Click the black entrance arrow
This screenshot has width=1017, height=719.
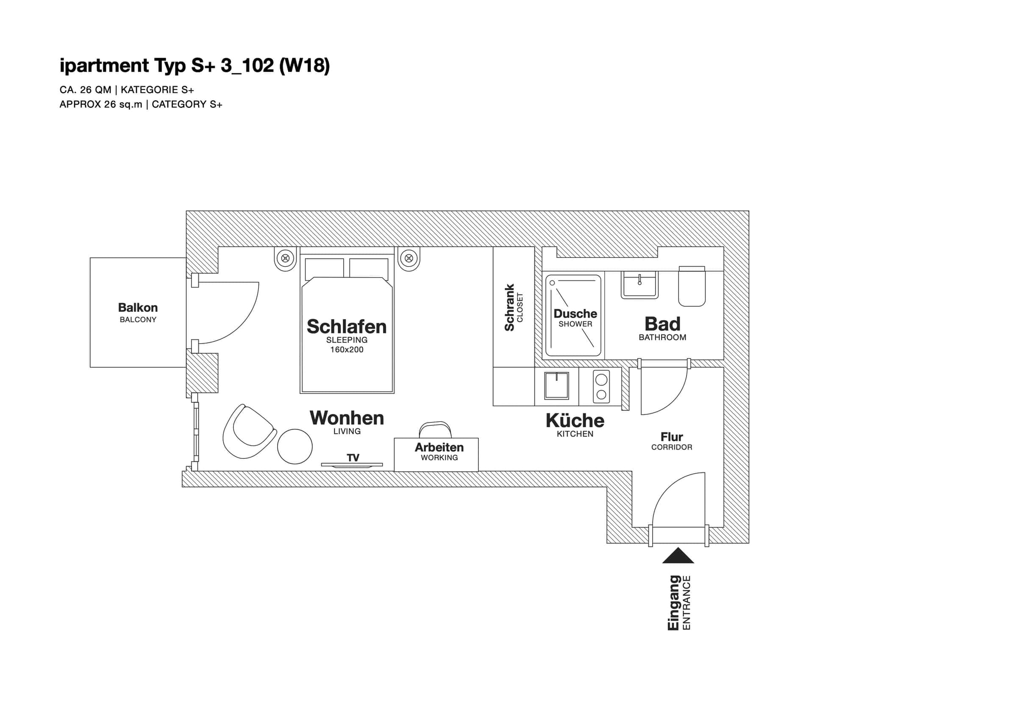(678, 555)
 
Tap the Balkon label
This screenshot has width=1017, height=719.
(138, 308)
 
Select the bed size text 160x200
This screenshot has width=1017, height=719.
(346, 350)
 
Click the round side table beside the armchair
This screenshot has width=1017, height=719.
(295, 446)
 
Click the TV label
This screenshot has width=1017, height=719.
(353, 458)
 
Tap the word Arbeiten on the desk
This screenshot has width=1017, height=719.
(439, 447)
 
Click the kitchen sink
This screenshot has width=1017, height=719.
(556, 386)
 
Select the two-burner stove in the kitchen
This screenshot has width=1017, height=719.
(601, 386)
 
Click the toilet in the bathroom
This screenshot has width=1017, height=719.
(692, 286)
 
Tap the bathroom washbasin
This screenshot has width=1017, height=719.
(639, 284)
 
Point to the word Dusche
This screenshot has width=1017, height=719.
(575, 314)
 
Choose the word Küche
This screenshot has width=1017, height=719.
(575, 420)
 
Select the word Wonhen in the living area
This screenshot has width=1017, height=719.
(346, 418)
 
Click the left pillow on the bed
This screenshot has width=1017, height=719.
(324, 268)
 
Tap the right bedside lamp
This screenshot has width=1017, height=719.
(408, 258)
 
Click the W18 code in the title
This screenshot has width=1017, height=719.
(304, 66)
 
